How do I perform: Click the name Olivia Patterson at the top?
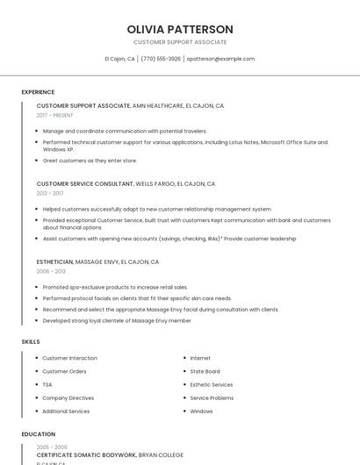tap(180, 29)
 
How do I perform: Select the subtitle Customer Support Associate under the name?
tap(180, 42)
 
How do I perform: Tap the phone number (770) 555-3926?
tap(161, 59)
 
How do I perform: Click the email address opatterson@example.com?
tap(220, 59)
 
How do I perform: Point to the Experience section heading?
tap(39, 92)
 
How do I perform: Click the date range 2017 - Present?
tap(55, 115)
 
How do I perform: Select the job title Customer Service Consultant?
tap(83, 184)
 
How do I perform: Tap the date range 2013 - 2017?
tap(50, 193)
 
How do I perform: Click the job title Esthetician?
tap(54, 262)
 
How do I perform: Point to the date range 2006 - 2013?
tap(50, 271)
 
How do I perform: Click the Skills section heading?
tap(32, 340)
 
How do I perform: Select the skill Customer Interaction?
tap(70, 358)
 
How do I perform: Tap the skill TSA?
tap(47, 384)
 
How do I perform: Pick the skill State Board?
tap(205, 371)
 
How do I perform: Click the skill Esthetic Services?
tap(212, 384)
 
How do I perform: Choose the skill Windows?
tap(202, 411)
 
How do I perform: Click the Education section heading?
tap(39, 434)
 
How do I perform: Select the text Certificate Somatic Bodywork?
tap(86, 455)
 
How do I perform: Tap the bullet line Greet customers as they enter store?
tap(90, 161)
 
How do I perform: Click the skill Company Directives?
tap(69, 397)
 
